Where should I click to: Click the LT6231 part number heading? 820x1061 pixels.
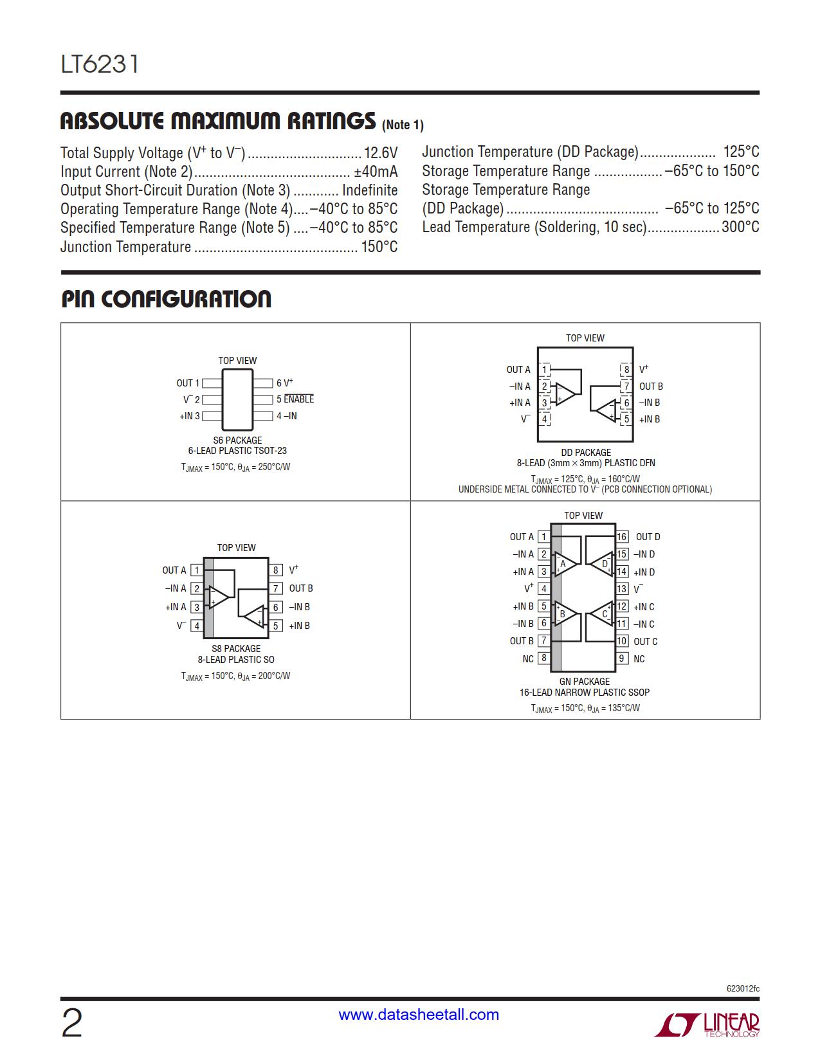100,64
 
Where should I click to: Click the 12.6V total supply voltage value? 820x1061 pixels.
381,153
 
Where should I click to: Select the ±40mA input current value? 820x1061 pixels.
376,172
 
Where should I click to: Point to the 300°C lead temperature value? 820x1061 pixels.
740,227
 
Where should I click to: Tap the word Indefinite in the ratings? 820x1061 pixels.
370,190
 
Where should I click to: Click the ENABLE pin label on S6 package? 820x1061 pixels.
299,399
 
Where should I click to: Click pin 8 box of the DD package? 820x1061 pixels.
626,370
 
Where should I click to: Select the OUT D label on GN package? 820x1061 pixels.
648,537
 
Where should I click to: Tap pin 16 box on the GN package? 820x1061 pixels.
622,537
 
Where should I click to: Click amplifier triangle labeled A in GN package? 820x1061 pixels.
564,565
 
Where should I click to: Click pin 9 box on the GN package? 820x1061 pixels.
622,658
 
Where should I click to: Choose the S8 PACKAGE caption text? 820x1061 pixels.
236,649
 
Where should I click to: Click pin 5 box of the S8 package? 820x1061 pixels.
276,626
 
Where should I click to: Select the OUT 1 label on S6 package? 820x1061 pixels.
188,383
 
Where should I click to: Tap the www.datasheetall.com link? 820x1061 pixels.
419,1015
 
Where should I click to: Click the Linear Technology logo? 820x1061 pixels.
707,1024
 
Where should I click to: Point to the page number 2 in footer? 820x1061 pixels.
72,1023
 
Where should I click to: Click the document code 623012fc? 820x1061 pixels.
743,988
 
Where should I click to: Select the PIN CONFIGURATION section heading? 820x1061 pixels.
167,299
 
